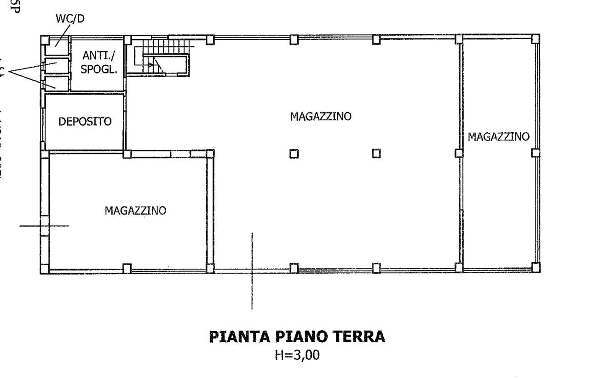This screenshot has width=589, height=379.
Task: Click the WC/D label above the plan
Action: (x=70, y=19)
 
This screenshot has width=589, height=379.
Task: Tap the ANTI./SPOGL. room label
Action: (x=99, y=62)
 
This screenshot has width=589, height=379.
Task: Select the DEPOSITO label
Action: (x=85, y=122)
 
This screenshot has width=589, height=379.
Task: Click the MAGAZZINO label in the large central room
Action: (x=320, y=116)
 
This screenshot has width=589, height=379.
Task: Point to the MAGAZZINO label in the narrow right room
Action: (x=498, y=136)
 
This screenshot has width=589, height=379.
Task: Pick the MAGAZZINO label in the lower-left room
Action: (x=135, y=210)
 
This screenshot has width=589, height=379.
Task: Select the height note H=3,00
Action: (x=297, y=356)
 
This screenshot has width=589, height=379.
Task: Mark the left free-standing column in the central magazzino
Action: (x=294, y=154)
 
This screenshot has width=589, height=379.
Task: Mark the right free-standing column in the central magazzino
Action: (x=376, y=154)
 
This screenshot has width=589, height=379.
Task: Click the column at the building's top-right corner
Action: (x=535, y=38)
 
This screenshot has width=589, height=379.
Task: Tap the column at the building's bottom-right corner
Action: (x=535, y=267)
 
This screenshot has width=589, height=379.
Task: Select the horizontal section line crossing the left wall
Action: (x=44, y=226)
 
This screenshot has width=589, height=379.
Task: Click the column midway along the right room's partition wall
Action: (x=458, y=153)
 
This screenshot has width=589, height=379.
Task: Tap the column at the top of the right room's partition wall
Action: (x=458, y=39)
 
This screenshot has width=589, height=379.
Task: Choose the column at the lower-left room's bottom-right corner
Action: (x=210, y=268)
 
